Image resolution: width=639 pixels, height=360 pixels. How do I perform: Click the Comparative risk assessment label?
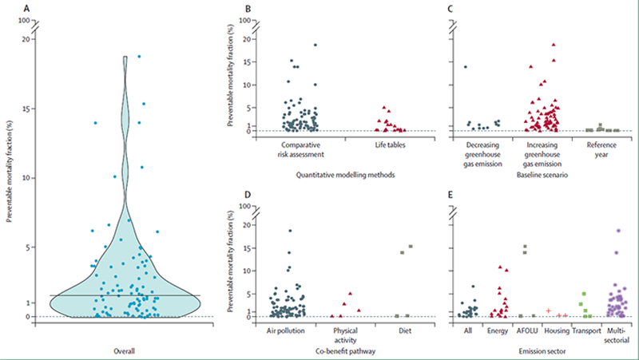click(298, 149)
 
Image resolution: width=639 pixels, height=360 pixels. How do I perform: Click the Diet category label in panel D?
click(404, 330)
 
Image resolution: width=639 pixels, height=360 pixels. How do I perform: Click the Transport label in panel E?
click(587, 330)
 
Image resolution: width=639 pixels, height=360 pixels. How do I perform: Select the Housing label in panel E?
click(556, 330)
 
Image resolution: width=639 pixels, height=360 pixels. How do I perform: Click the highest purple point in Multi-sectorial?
click(617, 231)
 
